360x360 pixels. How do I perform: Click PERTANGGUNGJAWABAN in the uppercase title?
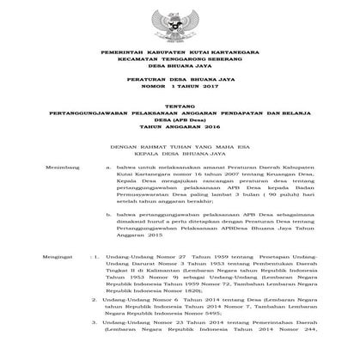(x=97, y=133)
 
